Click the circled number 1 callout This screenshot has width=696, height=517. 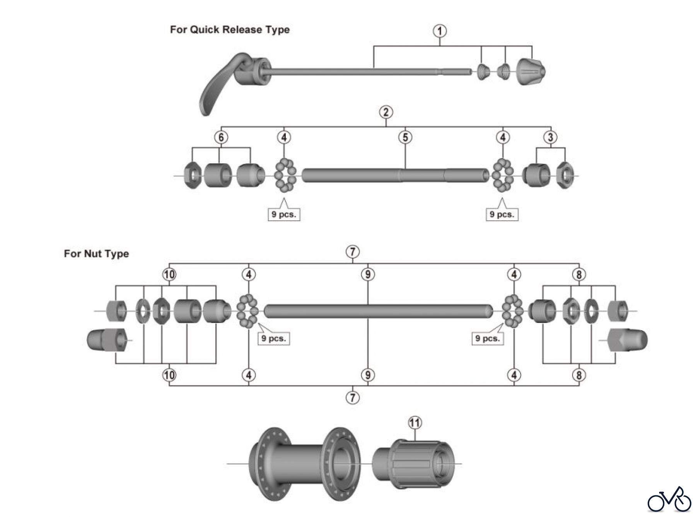(x=440, y=31)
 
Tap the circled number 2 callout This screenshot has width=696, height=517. (x=386, y=112)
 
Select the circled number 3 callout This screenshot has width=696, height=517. (x=551, y=137)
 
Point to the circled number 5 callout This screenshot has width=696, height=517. (x=405, y=137)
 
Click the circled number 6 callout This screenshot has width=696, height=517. (x=221, y=137)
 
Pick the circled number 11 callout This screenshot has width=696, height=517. (x=415, y=423)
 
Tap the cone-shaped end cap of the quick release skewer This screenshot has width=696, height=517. (x=531, y=72)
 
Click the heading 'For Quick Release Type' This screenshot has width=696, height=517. (x=230, y=30)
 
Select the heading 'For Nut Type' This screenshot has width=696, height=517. (x=96, y=254)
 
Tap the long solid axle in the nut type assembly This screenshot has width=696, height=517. (x=378, y=311)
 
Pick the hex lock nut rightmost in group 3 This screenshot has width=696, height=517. (x=565, y=176)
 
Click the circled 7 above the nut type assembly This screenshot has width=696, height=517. (x=352, y=252)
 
